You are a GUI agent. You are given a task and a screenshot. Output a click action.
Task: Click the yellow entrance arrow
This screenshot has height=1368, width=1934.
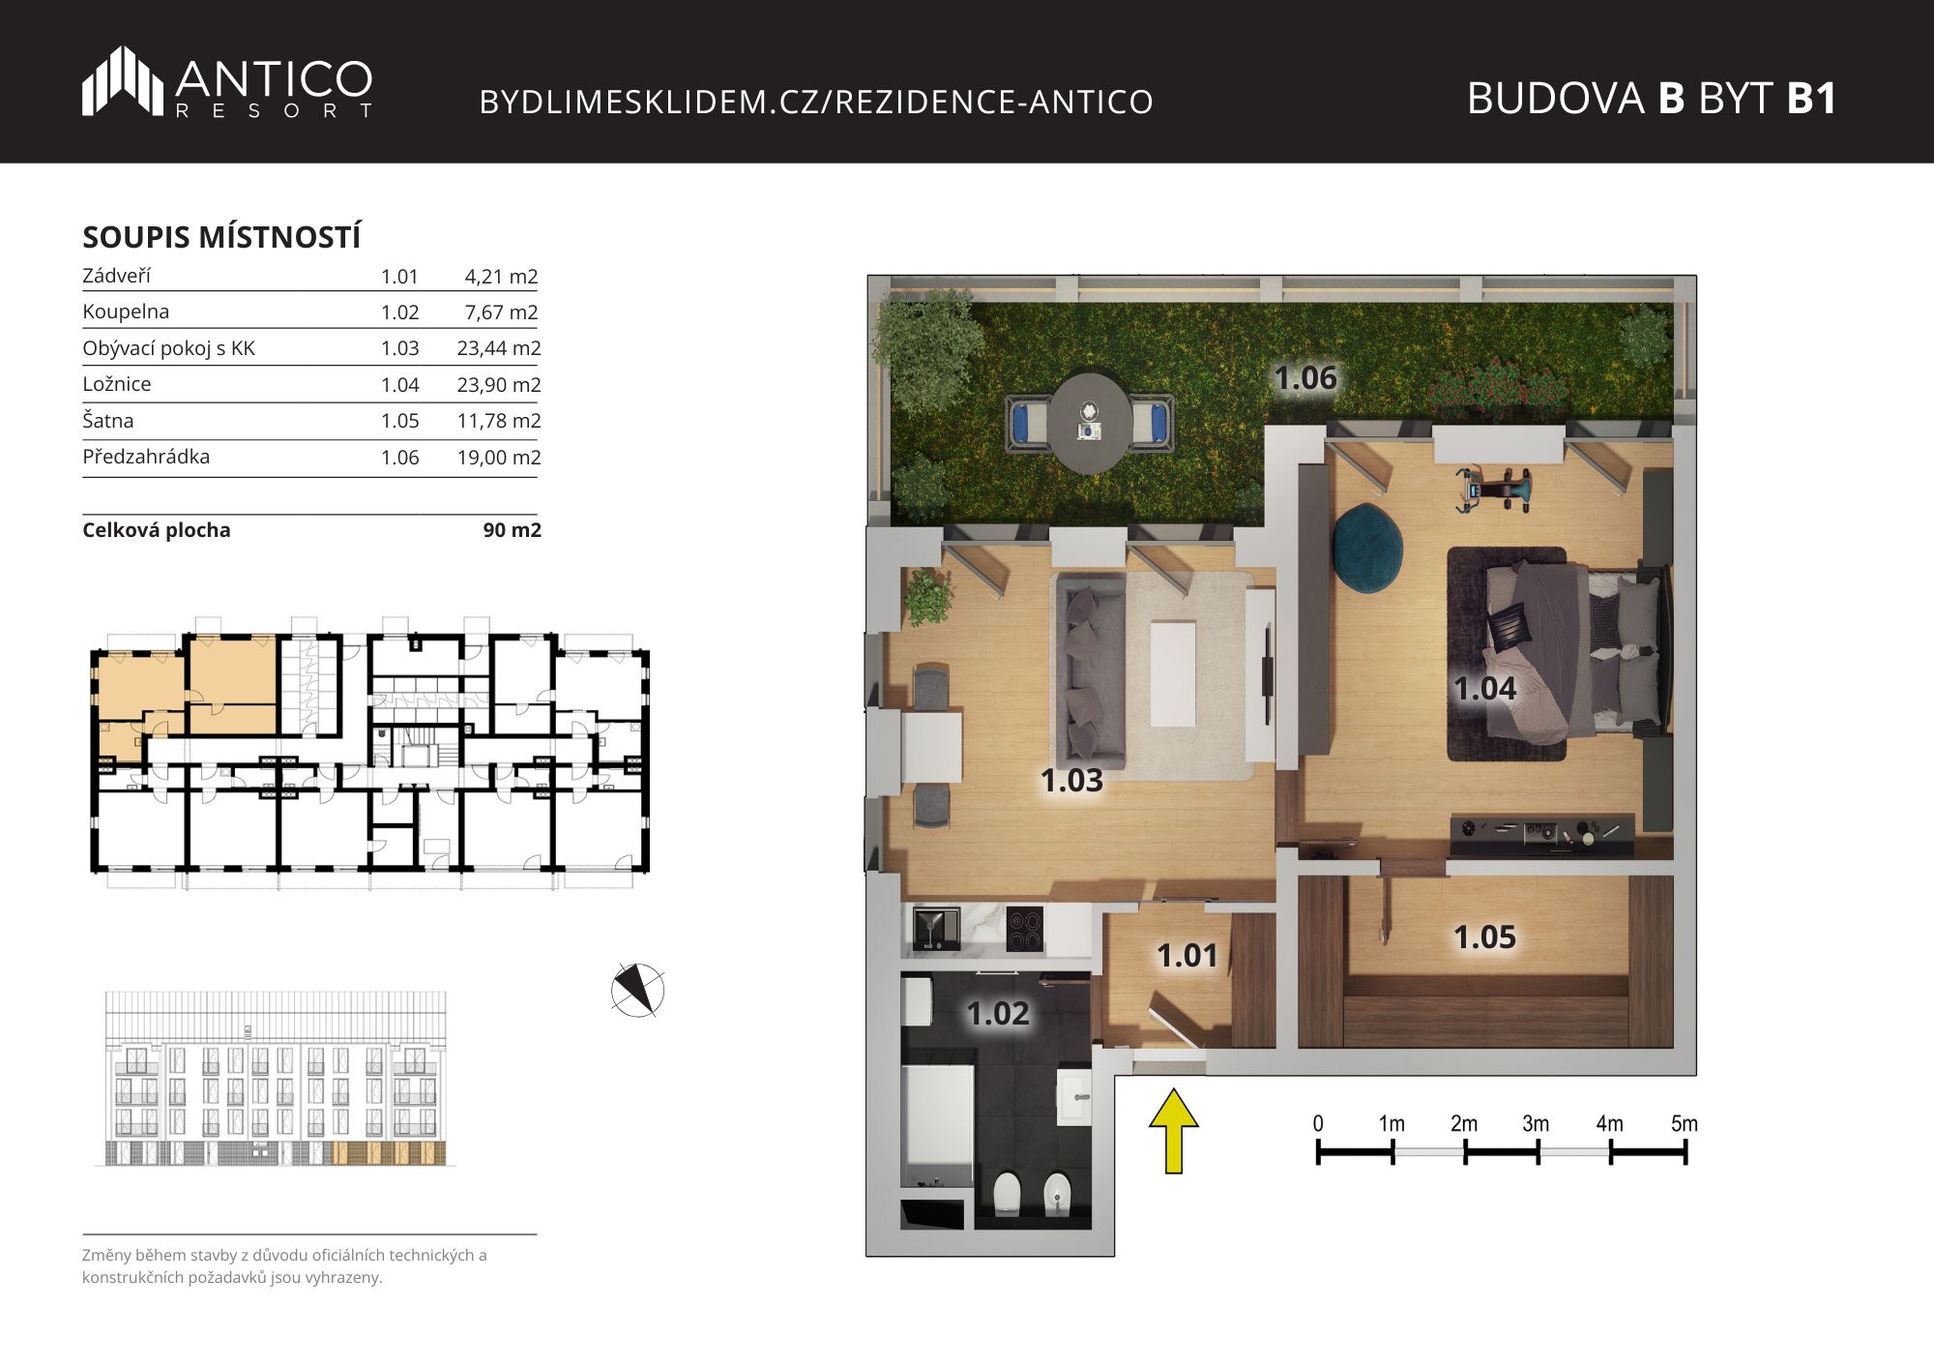coord(1174,1130)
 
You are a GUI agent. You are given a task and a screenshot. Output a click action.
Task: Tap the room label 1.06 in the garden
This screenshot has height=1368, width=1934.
coord(1305,377)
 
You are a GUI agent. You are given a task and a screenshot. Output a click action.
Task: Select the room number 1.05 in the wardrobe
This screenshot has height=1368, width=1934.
coord(1484,937)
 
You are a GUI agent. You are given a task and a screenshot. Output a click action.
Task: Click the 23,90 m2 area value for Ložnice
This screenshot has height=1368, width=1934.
coord(499,384)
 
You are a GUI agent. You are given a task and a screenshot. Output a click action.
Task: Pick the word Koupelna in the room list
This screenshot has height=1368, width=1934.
coord(126,312)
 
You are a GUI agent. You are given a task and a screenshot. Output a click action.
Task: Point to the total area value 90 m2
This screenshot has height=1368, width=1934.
coord(513,530)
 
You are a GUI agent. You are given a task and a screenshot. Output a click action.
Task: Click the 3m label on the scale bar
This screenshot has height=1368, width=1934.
coord(1536,1123)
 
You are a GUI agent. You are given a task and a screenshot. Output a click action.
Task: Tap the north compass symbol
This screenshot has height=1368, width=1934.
coord(638,991)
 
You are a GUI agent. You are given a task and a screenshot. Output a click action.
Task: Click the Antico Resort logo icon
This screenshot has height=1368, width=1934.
coord(123,80)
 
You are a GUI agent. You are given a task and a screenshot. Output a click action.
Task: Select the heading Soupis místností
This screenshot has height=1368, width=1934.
coord(221,237)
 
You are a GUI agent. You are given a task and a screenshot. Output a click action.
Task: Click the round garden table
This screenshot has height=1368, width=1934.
coord(1090,423)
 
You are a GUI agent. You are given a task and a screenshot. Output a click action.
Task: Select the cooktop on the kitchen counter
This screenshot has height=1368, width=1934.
coord(1025,930)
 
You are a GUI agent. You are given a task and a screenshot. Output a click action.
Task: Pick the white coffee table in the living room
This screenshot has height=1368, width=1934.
coord(1173,673)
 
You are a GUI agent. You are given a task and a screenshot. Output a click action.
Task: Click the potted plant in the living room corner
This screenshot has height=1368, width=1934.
coord(928,597)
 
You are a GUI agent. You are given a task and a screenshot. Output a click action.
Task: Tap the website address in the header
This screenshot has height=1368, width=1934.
coord(816,102)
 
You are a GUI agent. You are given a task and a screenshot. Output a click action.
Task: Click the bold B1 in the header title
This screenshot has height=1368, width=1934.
coord(1811,98)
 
